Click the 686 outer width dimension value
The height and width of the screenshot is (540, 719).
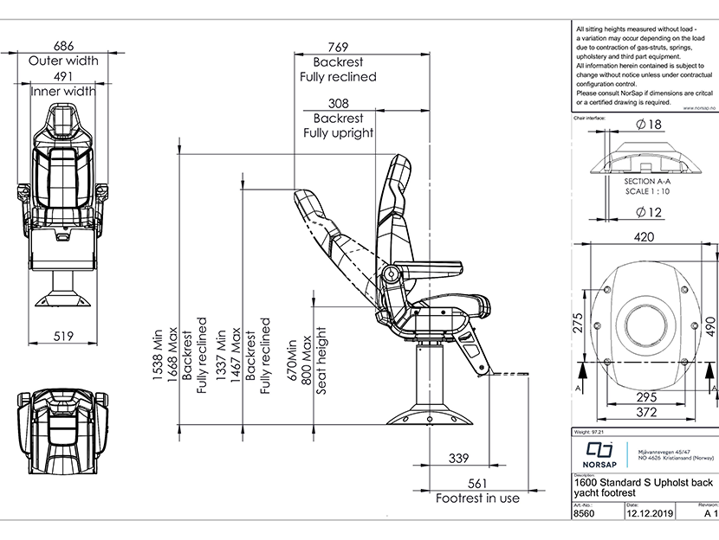pyautogui.click(x=63, y=45)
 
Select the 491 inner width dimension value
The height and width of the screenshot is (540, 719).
pyautogui.click(x=63, y=75)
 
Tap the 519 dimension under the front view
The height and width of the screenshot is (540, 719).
pyautogui.click(x=63, y=337)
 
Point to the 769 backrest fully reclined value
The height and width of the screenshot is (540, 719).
pyautogui.click(x=338, y=47)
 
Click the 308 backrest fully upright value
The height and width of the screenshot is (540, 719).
pyautogui.click(x=338, y=103)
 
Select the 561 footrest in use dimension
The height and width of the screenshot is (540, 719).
pyautogui.click(x=477, y=483)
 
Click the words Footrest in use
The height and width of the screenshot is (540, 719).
pyautogui.click(x=477, y=498)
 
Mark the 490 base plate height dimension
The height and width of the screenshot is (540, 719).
pyautogui.click(x=709, y=325)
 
